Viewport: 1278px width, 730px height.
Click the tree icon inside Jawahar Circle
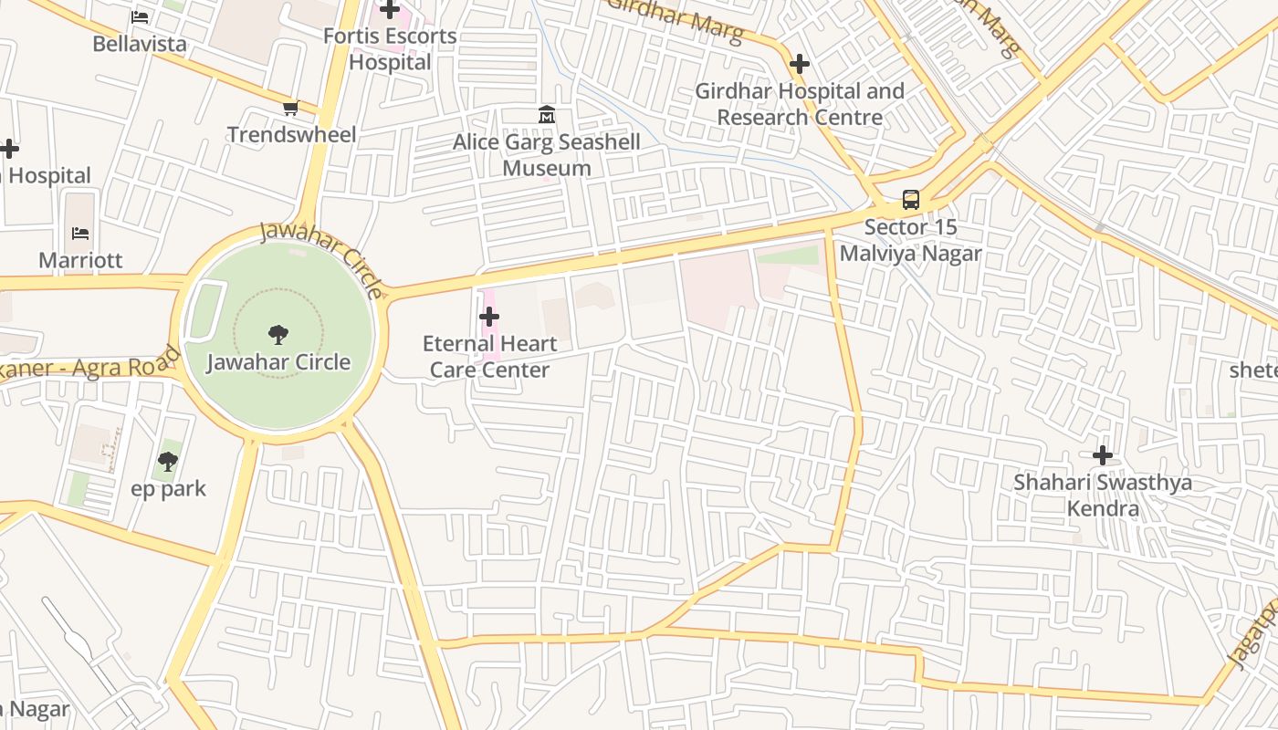tap(278, 335)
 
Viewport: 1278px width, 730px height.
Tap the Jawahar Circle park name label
tap(278, 362)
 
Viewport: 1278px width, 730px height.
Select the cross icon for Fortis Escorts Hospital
tap(390, 10)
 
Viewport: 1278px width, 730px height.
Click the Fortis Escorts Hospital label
tap(390, 49)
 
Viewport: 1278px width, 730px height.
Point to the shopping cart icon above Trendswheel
tap(290, 109)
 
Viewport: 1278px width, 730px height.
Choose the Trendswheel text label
tap(291, 135)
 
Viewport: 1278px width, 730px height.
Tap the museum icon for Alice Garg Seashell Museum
tap(547, 115)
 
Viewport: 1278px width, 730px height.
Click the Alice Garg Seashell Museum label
tap(547, 155)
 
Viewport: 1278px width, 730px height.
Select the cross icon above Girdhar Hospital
tap(800, 64)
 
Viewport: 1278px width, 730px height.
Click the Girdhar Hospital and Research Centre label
tap(800, 104)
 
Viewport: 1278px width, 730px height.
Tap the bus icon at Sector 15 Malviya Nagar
tap(910, 200)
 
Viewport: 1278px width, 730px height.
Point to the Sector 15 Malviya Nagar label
tap(910, 240)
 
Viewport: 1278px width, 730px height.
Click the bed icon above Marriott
tap(80, 234)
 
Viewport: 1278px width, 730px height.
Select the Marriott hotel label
tap(80, 260)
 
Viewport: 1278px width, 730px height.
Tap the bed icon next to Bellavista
tap(140, 16)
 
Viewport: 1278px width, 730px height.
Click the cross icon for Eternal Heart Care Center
tap(489, 317)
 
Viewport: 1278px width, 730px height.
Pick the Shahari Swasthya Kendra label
tap(1103, 495)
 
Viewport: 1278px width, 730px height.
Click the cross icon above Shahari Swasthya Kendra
tap(1103, 454)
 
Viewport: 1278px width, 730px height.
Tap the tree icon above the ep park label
tap(168, 462)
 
